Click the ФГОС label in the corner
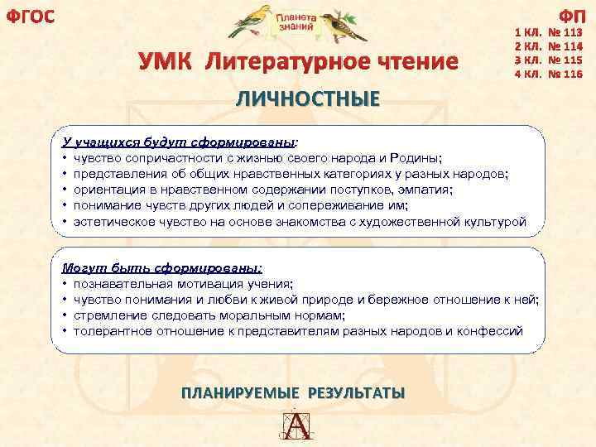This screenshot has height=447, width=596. pyautogui.click(x=30, y=16)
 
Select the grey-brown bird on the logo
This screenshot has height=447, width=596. pyautogui.click(x=341, y=25)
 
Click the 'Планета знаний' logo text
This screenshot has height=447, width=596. pyautogui.click(x=296, y=22)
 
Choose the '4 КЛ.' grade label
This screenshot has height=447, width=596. pyautogui.click(x=528, y=74)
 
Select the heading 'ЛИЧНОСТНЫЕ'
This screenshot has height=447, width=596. pyautogui.click(x=308, y=99)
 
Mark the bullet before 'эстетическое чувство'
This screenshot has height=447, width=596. pyautogui.click(x=65, y=223)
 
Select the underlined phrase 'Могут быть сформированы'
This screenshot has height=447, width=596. pyautogui.click(x=161, y=267)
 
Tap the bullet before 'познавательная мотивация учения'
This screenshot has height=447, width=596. pyautogui.click(x=65, y=283)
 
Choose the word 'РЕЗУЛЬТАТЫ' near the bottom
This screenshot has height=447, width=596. pyautogui.click(x=356, y=392)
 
